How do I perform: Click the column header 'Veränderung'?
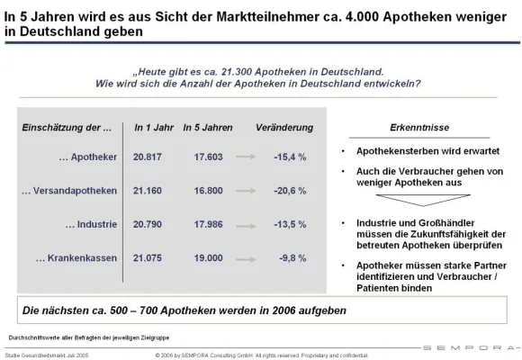click(284, 127)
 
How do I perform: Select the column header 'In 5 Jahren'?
click(208, 127)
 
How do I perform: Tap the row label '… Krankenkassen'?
click(76, 259)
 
